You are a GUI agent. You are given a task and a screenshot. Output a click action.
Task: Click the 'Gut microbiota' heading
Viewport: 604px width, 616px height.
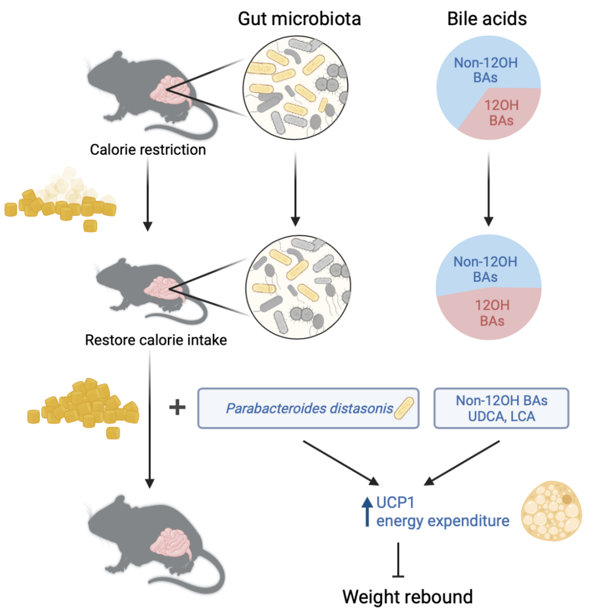pyautogui.click(x=299, y=18)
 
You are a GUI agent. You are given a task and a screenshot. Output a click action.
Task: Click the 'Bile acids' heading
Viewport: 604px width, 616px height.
pyautogui.click(x=487, y=18)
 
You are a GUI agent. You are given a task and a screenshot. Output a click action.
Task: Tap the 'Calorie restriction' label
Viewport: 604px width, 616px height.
pyautogui.click(x=147, y=150)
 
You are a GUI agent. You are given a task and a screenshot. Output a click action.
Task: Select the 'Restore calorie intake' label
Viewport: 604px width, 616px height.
pyautogui.click(x=156, y=339)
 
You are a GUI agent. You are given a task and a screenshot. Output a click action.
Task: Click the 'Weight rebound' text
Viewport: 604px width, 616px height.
pyautogui.click(x=408, y=596)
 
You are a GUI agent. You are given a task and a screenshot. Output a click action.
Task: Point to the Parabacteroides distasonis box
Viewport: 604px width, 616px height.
pyautogui.click(x=308, y=408)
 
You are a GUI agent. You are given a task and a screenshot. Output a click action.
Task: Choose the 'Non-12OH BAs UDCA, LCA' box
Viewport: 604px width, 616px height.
pyautogui.click(x=501, y=408)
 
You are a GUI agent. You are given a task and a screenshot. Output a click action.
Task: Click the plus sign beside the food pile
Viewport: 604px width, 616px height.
pyautogui.click(x=177, y=407)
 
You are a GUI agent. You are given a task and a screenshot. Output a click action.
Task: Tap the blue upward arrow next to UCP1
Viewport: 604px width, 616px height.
pyautogui.click(x=367, y=511)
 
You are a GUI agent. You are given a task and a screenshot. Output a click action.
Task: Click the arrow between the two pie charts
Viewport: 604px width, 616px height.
pyautogui.click(x=488, y=190)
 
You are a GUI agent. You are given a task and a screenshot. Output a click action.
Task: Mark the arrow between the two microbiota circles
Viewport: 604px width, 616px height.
pyautogui.click(x=296, y=190)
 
